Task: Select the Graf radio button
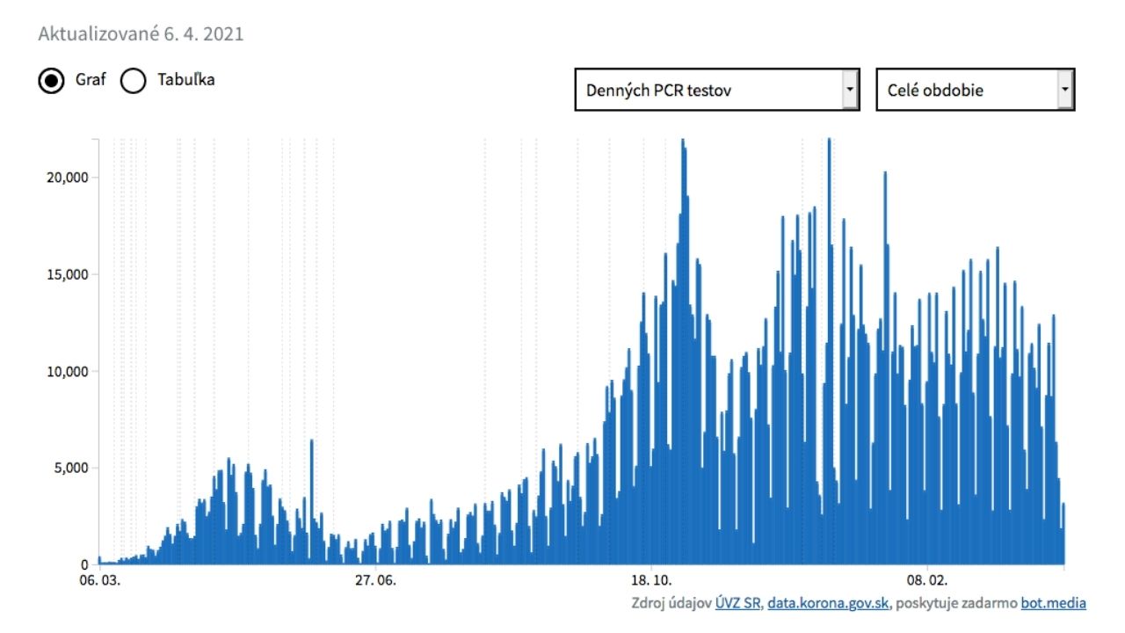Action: tap(52, 81)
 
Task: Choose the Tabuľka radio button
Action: tap(133, 81)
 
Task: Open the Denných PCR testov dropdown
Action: tap(716, 90)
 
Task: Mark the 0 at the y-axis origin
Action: tap(85, 564)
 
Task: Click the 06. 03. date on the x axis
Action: tap(99, 580)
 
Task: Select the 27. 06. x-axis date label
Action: tap(375, 580)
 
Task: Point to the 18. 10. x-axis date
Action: tap(651, 580)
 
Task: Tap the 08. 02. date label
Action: tap(928, 580)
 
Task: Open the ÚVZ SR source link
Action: tap(738, 603)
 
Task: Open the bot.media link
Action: tap(1053, 603)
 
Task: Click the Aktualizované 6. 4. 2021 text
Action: tap(141, 34)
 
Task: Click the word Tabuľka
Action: tap(185, 79)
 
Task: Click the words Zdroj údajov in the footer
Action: tap(671, 603)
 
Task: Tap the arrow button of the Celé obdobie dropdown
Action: tap(1064, 90)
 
